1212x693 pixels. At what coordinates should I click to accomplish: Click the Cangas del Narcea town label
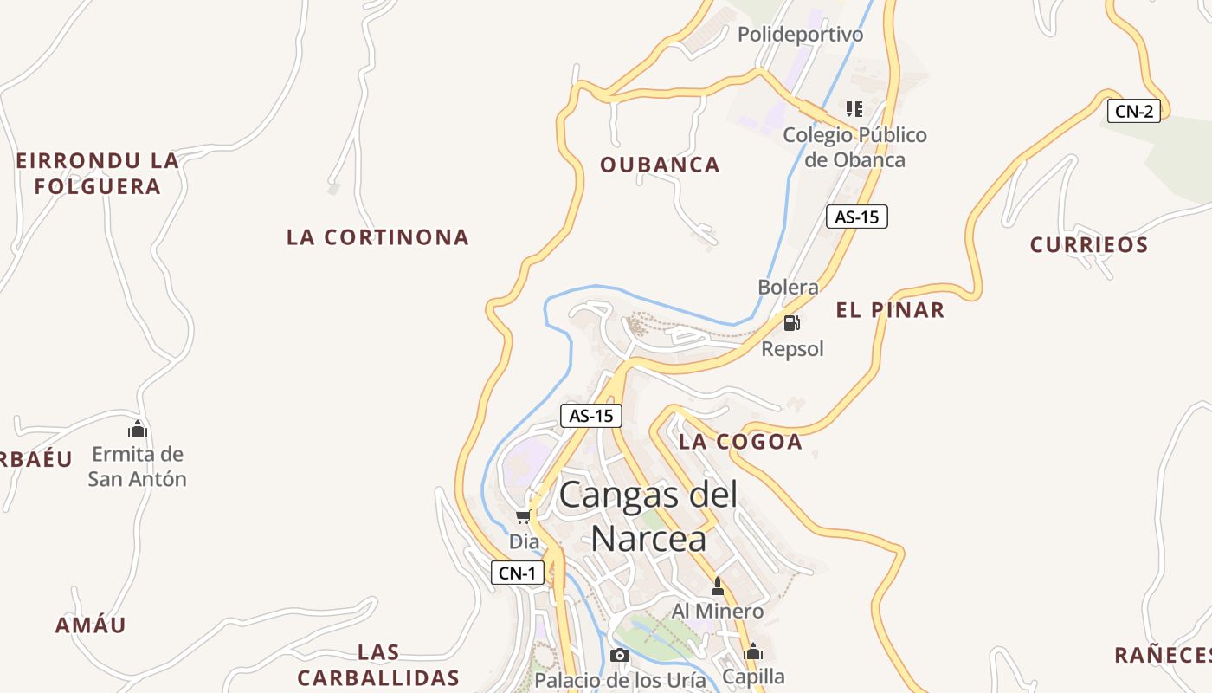[x=648, y=516]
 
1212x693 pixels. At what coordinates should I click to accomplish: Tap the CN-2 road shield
[x=1133, y=111]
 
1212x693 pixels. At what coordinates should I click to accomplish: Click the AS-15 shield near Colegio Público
[x=856, y=217]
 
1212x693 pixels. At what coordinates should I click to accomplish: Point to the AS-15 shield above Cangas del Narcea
[x=591, y=416]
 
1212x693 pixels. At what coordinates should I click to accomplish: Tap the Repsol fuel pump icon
[x=791, y=324]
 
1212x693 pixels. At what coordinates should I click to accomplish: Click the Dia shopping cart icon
[x=523, y=517]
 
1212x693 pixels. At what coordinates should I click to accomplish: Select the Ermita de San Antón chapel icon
[x=138, y=429]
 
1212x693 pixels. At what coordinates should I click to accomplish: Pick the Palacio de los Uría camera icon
[x=619, y=655]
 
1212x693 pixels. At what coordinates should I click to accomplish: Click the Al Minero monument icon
[x=717, y=587]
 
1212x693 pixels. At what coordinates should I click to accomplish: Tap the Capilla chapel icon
[x=753, y=651]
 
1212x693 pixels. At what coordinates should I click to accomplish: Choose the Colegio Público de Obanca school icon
[x=854, y=109]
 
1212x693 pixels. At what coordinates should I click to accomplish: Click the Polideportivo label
[x=800, y=35]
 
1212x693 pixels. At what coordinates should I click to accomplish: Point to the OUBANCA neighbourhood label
[x=660, y=165]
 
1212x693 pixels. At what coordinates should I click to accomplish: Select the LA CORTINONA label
[x=377, y=236]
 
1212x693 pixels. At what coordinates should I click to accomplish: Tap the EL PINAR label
[x=890, y=310]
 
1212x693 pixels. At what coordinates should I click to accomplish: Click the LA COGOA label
[x=740, y=442]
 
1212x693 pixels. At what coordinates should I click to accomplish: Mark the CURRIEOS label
[x=1088, y=245]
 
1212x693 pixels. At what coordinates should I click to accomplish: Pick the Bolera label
[x=788, y=287]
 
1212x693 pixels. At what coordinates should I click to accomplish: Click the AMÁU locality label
[x=91, y=625]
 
